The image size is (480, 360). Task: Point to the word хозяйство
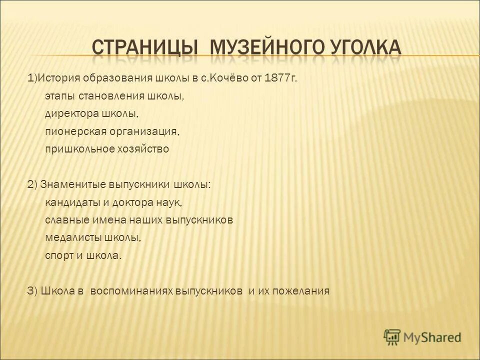pos(142,149)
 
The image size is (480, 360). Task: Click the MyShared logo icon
pos(392,337)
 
